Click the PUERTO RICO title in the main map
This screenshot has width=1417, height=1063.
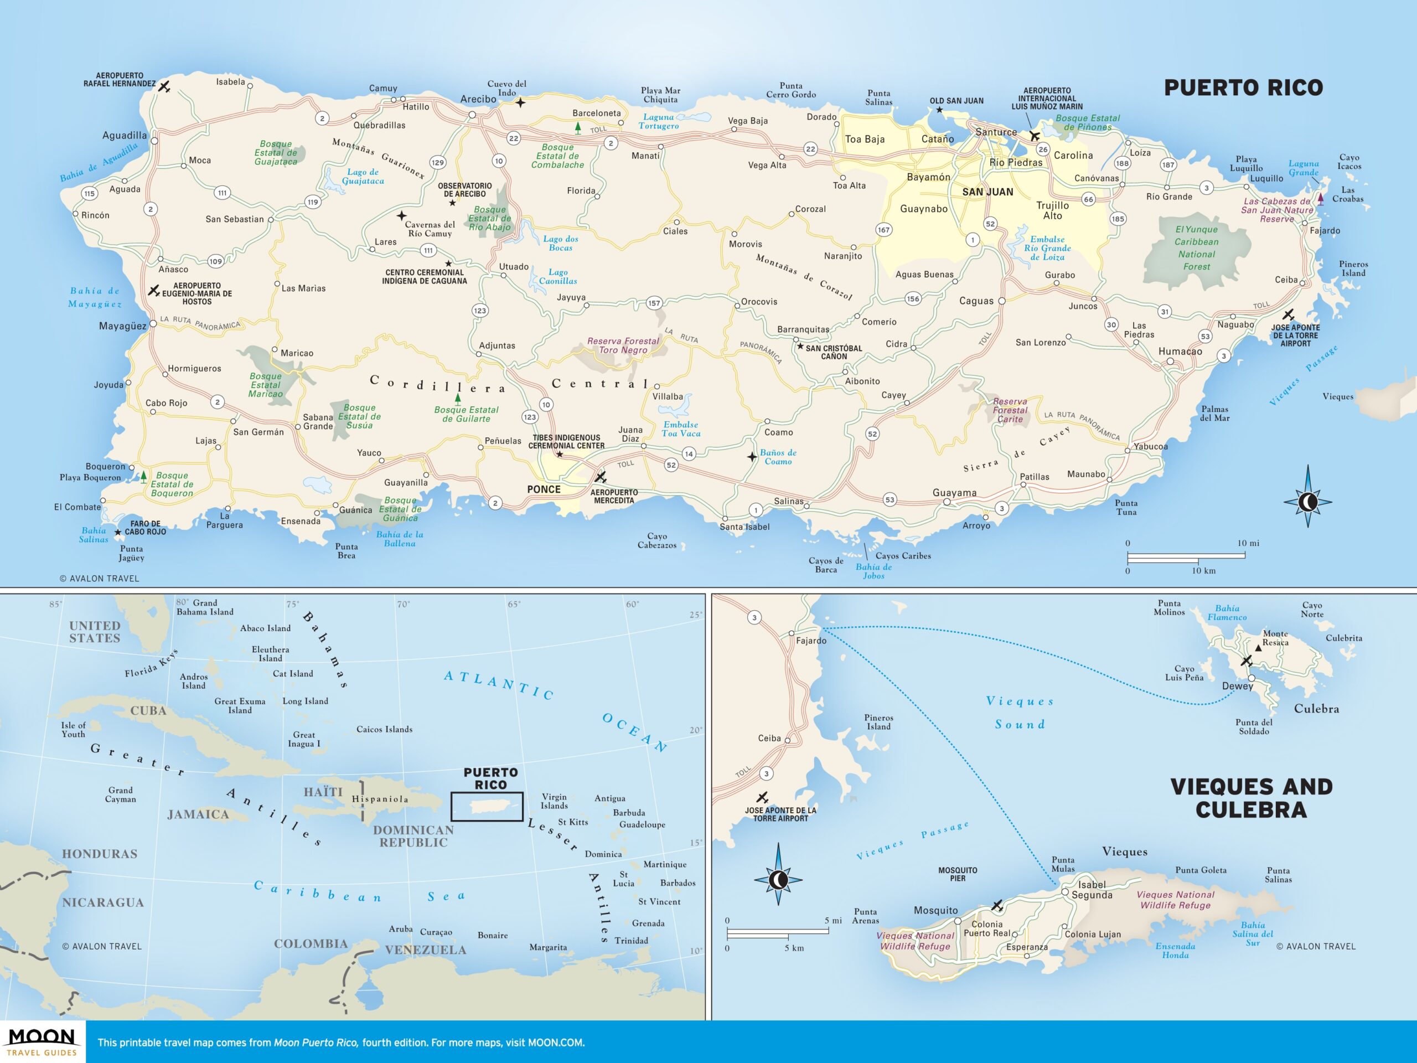click(x=1243, y=88)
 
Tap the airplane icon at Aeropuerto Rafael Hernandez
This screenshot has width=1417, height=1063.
click(x=164, y=86)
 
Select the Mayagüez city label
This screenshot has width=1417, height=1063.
click(x=122, y=326)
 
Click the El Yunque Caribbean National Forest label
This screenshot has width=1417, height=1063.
click(x=1196, y=248)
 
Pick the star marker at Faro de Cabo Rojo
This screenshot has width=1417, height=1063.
click(x=118, y=533)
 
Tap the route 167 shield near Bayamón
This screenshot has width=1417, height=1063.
click(x=883, y=229)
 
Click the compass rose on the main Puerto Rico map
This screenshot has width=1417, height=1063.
click(x=1307, y=501)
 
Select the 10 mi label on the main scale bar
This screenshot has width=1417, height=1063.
click(x=1248, y=543)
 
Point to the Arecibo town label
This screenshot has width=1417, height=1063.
click(x=478, y=99)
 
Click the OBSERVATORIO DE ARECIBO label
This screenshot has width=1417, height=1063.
click(x=464, y=190)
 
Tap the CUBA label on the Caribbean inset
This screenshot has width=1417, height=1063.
click(x=148, y=710)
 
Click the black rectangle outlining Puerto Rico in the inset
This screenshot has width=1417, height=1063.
click(x=487, y=807)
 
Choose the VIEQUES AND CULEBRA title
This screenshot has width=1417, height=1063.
click(x=1251, y=798)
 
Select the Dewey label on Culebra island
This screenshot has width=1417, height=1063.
click(x=1237, y=686)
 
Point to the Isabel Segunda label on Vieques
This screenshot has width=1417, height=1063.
click(x=1092, y=890)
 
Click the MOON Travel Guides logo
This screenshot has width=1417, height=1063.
click(x=42, y=1042)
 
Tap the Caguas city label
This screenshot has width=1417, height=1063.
click(x=976, y=301)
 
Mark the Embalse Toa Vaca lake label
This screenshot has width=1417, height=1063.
click(x=681, y=429)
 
